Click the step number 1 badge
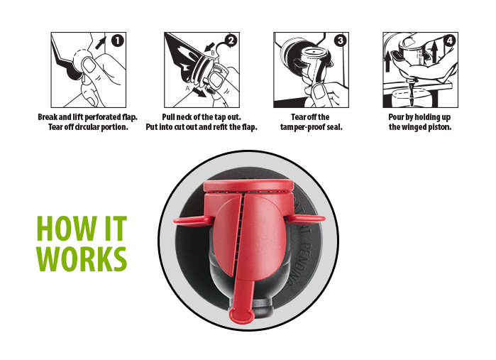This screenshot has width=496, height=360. pyautogui.click(x=117, y=41)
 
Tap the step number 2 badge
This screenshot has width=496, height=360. pyautogui.click(x=231, y=41)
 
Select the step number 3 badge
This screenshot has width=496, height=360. pyautogui.click(x=341, y=41)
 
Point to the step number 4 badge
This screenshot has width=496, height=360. pyautogui.click(x=449, y=41)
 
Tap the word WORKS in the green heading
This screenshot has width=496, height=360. pyautogui.click(x=82, y=258)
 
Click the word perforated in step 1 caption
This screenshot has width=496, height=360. pyautogui.click(x=103, y=117)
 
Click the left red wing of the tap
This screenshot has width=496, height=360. pyautogui.click(x=192, y=221)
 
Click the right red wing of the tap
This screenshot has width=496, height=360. pyautogui.click(x=306, y=219)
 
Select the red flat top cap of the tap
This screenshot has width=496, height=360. pyautogui.click(x=248, y=186)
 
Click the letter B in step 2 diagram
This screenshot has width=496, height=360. pyautogui.click(x=213, y=53)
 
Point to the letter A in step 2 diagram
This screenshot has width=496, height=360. pyautogui.click(x=187, y=89)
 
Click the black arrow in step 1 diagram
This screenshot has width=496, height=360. pyautogui.click(x=101, y=43)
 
